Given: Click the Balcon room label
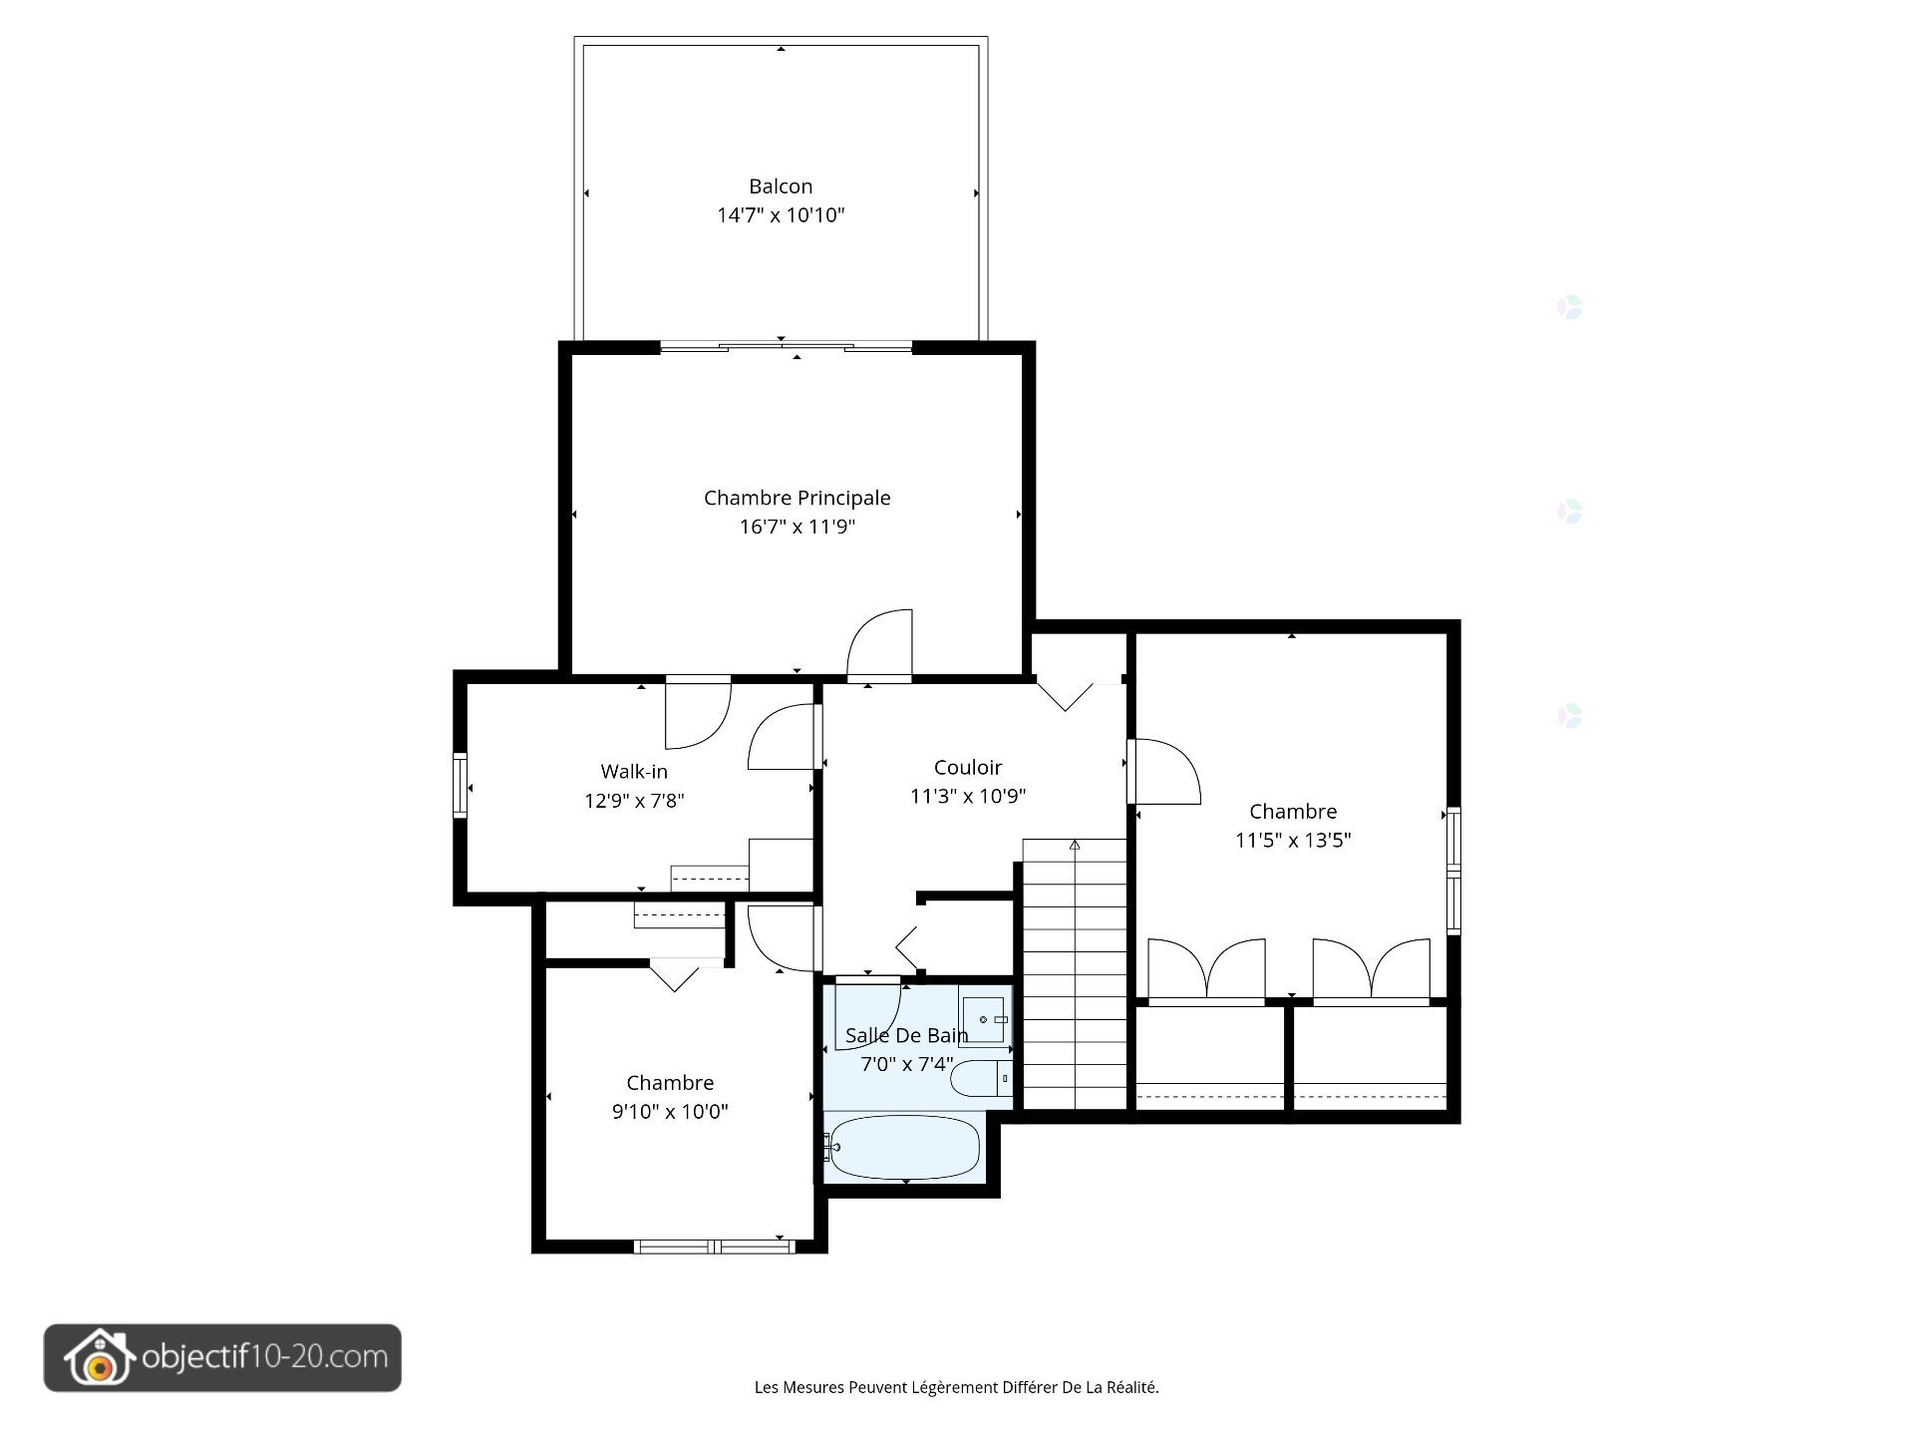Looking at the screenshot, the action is (781, 186).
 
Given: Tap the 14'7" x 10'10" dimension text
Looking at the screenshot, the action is (781, 215).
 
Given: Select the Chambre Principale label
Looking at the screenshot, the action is (797, 498).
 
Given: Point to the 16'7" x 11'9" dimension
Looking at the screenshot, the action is (797, 527).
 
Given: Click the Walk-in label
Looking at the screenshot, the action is (634, 772).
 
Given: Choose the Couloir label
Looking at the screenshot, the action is (968, 768).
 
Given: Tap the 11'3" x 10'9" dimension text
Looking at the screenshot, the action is (968, 796).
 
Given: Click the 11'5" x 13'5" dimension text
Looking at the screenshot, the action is (1293, 840).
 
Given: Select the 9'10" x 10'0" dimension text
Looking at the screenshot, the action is (670, 1111).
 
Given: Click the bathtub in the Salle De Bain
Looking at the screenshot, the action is (904, 1147).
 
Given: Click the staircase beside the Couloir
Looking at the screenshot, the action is (1075, 973).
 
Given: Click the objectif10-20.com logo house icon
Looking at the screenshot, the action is (99, 1358).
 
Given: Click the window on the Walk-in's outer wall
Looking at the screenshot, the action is (460, 786).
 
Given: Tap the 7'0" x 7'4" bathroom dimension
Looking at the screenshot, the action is (907, 1064).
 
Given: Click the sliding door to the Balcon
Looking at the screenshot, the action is (786, 347).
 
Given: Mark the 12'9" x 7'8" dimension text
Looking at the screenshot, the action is (634, 800).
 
